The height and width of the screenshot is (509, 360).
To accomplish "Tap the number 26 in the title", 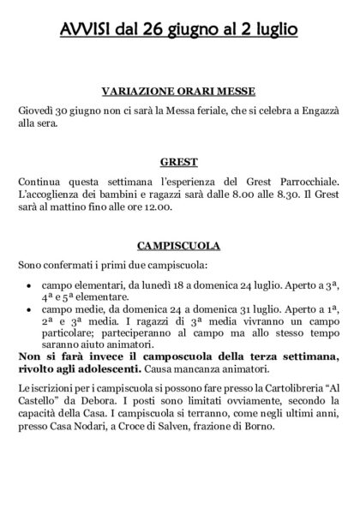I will pos(156,31).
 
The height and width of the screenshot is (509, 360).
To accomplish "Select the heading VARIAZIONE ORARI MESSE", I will pos(179,93).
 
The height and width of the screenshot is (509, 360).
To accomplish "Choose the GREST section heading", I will pos(179,160).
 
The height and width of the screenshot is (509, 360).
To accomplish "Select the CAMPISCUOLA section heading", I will pos(179,246).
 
